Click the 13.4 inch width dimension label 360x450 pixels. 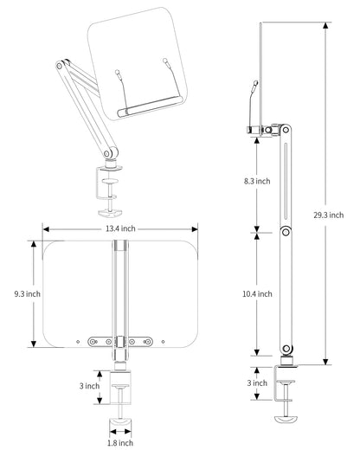click(x=120, y=228)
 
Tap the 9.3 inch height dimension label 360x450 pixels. click(x=28, y=294)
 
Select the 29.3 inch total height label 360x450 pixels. click(x=329, y=215)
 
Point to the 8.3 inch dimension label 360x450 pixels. click(x=257, y=181)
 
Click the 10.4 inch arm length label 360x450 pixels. click(x=257, y=294)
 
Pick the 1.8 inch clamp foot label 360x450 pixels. click(x=120, y=443)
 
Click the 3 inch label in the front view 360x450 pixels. click(x=89, y=386)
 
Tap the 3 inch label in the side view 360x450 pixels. click(x=257, y=382)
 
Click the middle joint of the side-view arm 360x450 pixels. click(x=286, y=232)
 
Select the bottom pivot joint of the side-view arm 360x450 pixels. click(x=286, y=349)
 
